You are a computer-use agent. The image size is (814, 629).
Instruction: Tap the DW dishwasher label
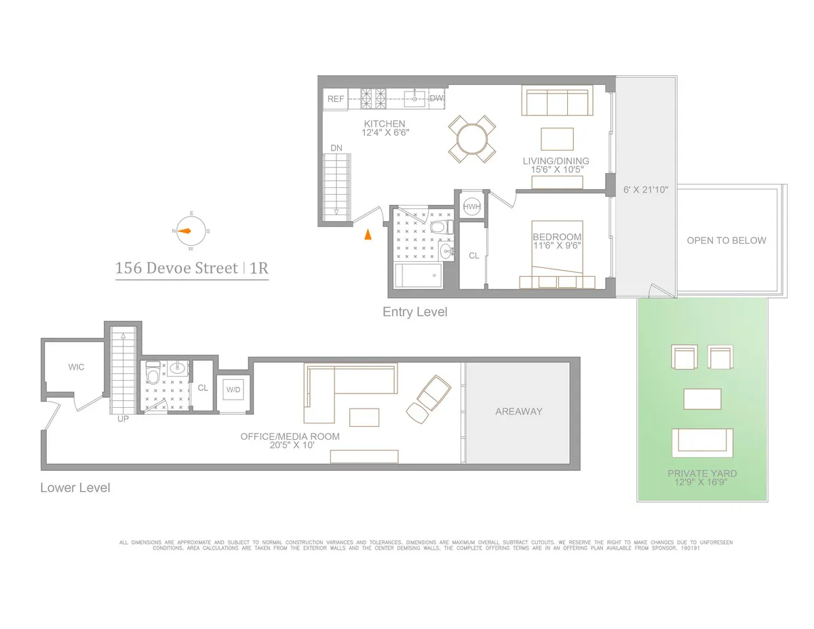(436, 98)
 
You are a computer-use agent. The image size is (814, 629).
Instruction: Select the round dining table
(472, 139)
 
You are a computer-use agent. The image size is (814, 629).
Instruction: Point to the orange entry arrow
(367, 235)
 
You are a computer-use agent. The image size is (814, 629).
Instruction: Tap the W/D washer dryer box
(233, 390)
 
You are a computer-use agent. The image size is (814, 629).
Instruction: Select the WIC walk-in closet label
(76, 367)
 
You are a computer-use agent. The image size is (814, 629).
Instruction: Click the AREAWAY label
(518, 411)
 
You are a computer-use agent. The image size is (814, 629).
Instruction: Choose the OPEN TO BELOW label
(726, 240)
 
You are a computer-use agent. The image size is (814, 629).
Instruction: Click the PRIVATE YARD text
(702, 474)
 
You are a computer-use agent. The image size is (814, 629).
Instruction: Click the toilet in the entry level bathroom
(440, 227)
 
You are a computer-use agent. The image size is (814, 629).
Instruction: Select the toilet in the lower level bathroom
(153, 375)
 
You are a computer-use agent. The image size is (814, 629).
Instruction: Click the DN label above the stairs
(336, 148)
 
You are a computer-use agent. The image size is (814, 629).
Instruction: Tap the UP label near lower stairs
(123, 419)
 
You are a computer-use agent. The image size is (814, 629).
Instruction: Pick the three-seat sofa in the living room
(556, 101)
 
